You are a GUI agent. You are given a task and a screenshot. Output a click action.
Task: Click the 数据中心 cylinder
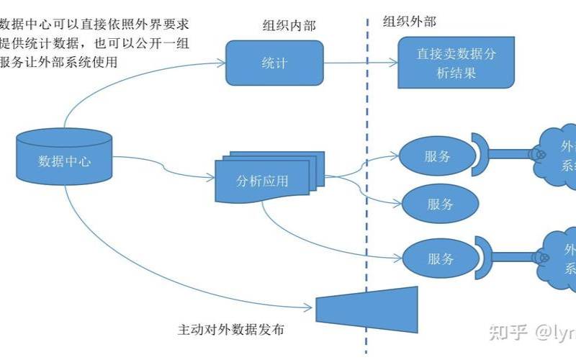coord(64,160)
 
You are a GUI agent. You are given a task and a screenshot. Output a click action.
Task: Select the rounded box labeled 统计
coord(274,63)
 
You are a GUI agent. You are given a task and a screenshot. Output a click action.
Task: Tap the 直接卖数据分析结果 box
coord(455,63)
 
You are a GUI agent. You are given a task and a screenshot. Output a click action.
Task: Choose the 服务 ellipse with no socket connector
coord(439,204)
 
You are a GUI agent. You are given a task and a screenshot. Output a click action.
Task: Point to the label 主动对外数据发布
coord(230,330)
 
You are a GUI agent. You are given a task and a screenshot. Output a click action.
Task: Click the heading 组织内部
coord(288,26)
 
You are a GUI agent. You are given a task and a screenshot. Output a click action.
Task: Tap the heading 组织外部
coord(408,21)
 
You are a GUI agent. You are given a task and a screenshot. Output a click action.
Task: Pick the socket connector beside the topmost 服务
coord(480,153)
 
